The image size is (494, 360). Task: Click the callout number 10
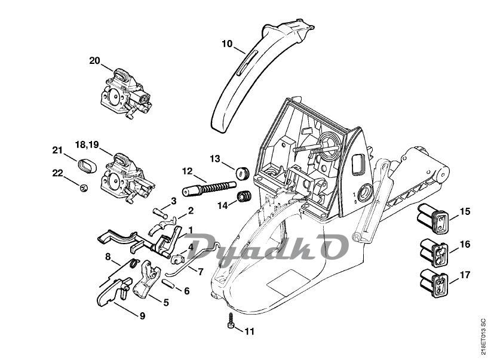(x=226, y=44)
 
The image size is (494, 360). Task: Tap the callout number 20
(x=95, y=60)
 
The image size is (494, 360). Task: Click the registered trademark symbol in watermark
(x=356, y=237)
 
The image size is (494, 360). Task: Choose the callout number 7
(x=201, y=272)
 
